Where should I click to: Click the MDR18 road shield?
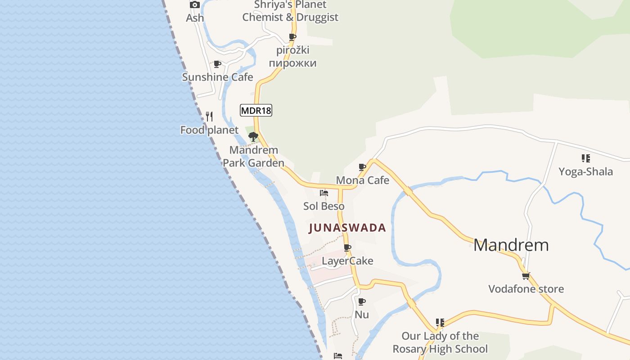tap(256, 110)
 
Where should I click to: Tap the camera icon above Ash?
tap(195, 5)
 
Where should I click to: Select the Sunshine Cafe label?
tap(217, 77)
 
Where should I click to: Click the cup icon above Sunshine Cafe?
tap(217, 64)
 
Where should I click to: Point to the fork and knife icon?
tap(209, 117)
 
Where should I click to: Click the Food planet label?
tap(209, 130)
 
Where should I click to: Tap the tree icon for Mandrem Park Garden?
tap(253, 136)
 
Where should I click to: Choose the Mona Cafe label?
tap(362, 180)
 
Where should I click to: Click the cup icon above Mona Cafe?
tap(362, 167)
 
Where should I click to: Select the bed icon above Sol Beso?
tap(324, 193)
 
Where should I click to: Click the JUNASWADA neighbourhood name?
tap(347, 228)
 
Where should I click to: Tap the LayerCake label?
tap(347, 261)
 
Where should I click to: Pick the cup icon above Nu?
tap(362, 301)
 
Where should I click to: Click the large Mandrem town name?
tap(511, 245)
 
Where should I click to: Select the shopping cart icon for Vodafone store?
tap(526, 276)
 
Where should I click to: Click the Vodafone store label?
tap(526, 289)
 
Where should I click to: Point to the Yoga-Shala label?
tap(585, 171)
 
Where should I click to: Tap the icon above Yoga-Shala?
tap(585, 158)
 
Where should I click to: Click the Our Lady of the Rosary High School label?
tap(440, 342)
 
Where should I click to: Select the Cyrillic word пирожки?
tap(292, 63)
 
